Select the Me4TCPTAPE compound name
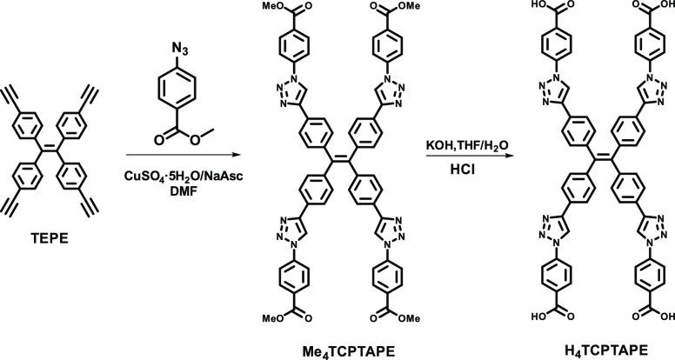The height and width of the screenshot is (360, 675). click(x=347, y=349)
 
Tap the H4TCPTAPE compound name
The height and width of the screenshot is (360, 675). click(x=591, y=349)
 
